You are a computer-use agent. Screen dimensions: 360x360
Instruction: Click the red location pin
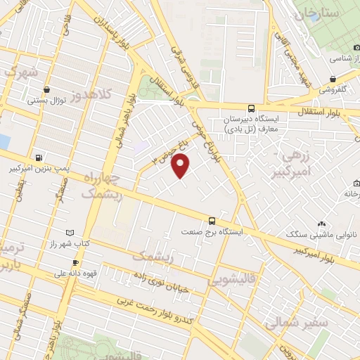(x=181, y=166)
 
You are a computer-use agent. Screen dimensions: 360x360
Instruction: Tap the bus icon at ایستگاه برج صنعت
(x=212, y=220)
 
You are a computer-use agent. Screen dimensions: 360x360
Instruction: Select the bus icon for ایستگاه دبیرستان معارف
(x=252, y=108)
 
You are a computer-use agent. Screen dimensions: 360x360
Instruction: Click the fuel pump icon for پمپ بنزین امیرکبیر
(x=38, y=157)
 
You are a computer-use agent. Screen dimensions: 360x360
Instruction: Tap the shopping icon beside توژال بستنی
(x=46, y=89)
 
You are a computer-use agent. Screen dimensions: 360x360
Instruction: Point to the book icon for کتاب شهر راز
(x=69, y=232)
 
